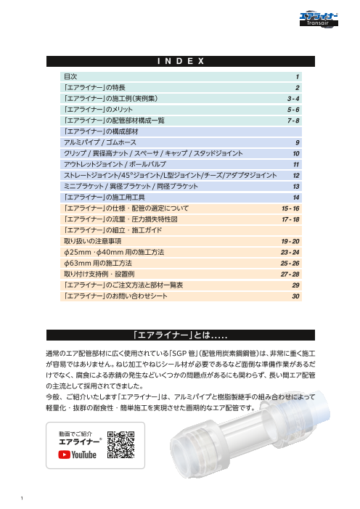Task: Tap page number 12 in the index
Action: point(296,176)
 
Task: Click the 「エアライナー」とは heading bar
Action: point(180,335)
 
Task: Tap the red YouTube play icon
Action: point(64,455)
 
